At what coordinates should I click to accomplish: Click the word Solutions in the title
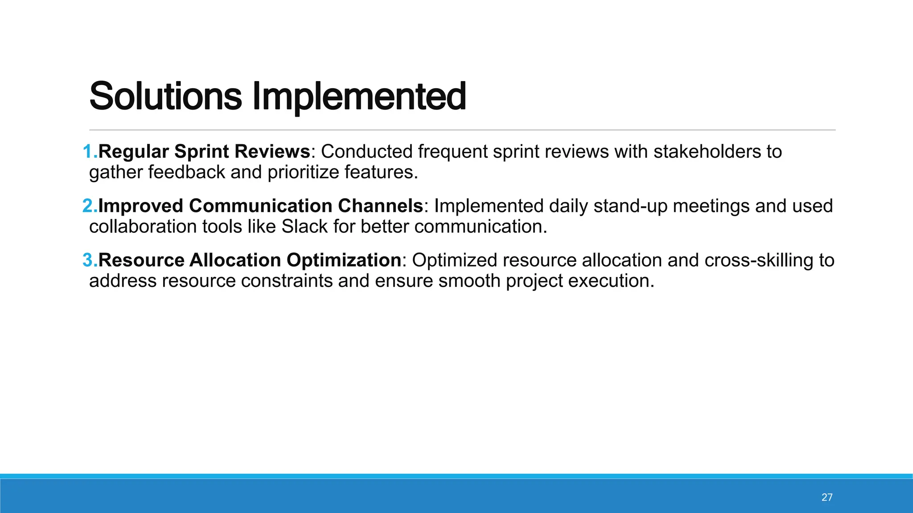point(165,96)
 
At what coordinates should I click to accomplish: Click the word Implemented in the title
point(359,96)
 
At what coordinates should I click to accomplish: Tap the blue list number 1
point(89,151)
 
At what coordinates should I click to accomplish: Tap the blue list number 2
point(89,206)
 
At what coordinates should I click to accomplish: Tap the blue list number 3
point(89,260)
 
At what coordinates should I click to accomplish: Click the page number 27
point(827,497)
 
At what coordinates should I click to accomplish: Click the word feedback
point(187,172)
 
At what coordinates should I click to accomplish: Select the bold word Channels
point(380,206)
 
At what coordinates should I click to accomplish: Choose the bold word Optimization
point(344,260)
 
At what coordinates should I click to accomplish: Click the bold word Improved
point(140,206)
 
